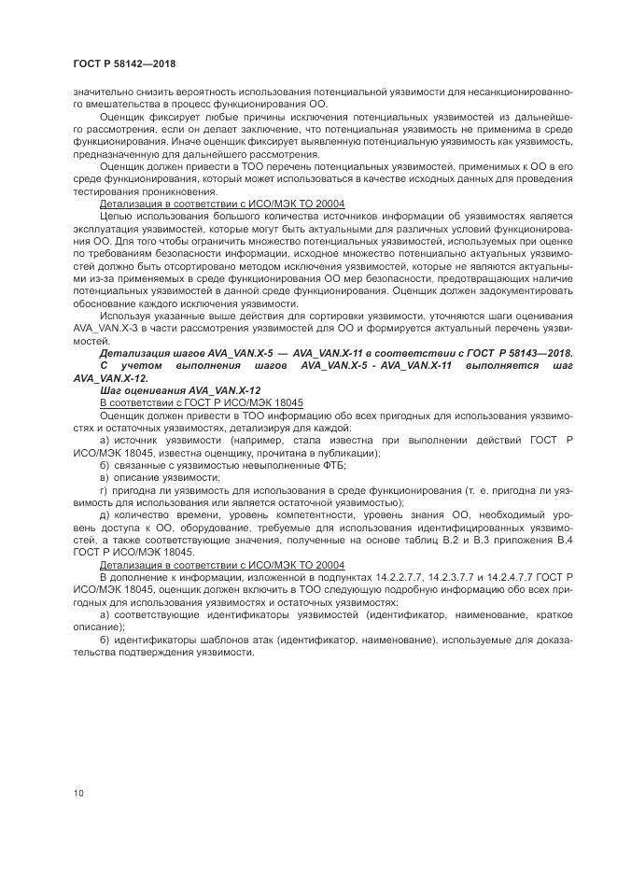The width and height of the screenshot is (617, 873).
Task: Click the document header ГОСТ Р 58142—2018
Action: (123, 63)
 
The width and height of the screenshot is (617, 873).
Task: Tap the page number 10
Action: (78, 794)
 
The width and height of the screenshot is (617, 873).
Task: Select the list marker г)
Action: (104, 489)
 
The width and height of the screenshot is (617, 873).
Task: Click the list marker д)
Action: (105, 515)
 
